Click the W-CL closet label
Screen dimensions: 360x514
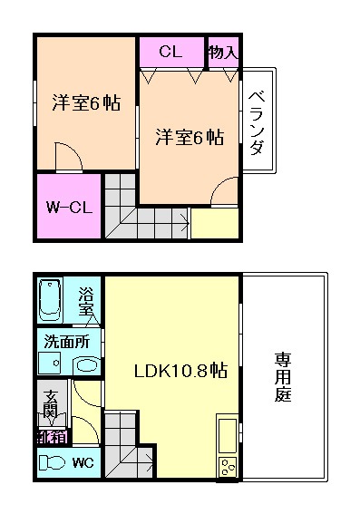[69, 208]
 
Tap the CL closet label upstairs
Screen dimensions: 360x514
[170, 52]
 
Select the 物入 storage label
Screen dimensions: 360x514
[224, 52]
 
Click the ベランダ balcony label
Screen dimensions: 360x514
[257, 122]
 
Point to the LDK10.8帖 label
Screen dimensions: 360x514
[180, 371]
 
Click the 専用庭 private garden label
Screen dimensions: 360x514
[282, 376]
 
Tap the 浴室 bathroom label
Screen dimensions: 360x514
[86, 301]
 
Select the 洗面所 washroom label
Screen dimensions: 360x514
[67, 342]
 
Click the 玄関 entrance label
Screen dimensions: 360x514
[51, 404]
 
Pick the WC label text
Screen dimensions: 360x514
[83, 462]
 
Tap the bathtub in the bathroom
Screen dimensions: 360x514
[50, 300]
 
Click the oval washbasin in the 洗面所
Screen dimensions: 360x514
[86, 364]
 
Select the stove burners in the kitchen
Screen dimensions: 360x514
[227, 467]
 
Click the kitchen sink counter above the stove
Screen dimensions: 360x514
[227, 434]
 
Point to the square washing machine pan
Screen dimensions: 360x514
[50, 364]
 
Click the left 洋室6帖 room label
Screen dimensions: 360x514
[86, 102]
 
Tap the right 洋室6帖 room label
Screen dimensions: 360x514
[190, 137]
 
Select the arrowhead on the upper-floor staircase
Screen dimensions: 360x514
[187, 225]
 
